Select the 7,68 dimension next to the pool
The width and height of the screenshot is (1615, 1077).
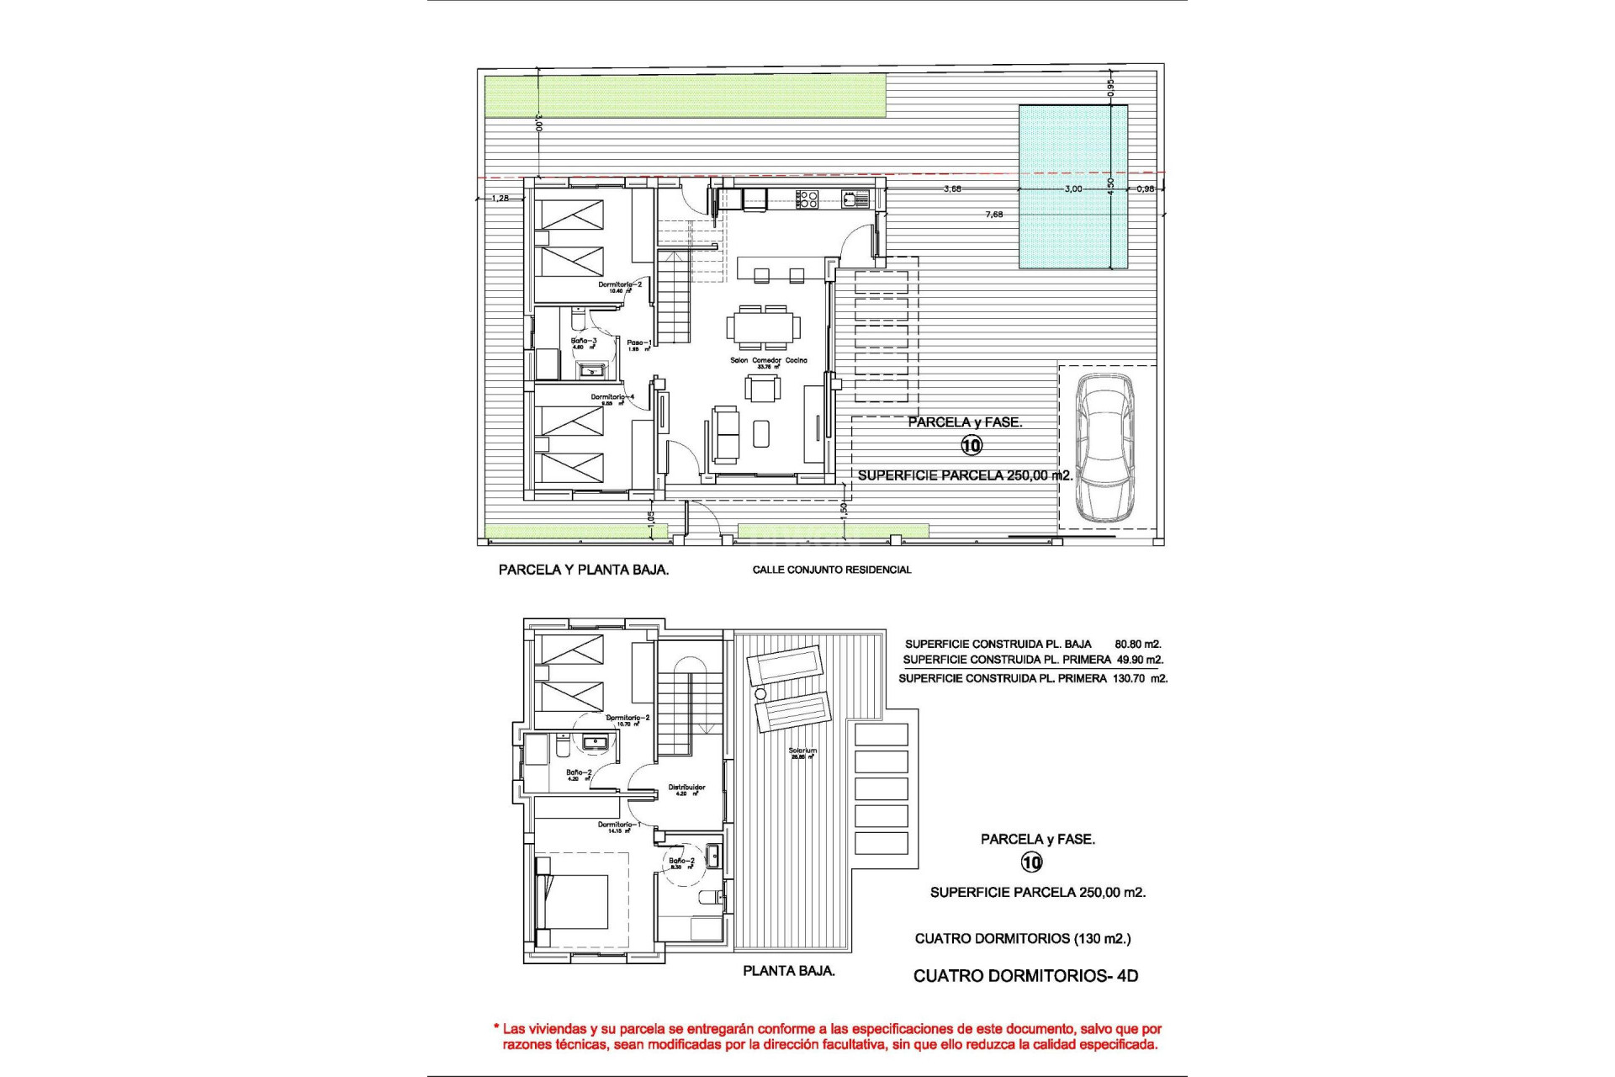[993, 215]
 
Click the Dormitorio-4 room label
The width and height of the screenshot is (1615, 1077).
[612, 397]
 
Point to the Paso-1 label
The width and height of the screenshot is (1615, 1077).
[638, 343]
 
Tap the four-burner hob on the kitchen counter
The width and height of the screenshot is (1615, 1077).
[807, 199]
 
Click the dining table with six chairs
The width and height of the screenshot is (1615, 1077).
[764, 327]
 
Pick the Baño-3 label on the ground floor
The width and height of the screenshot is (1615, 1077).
[584, 342]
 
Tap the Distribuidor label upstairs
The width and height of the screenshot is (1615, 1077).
[686, 788]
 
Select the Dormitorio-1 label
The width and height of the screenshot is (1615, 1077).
[619, 825]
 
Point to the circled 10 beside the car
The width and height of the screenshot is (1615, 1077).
[972, 445]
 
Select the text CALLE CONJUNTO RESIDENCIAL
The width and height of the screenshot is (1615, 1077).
[831, 570]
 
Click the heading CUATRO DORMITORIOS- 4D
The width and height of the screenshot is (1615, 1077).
[1025, 976]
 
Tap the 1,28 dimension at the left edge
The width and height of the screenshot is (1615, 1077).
[500, 199]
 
